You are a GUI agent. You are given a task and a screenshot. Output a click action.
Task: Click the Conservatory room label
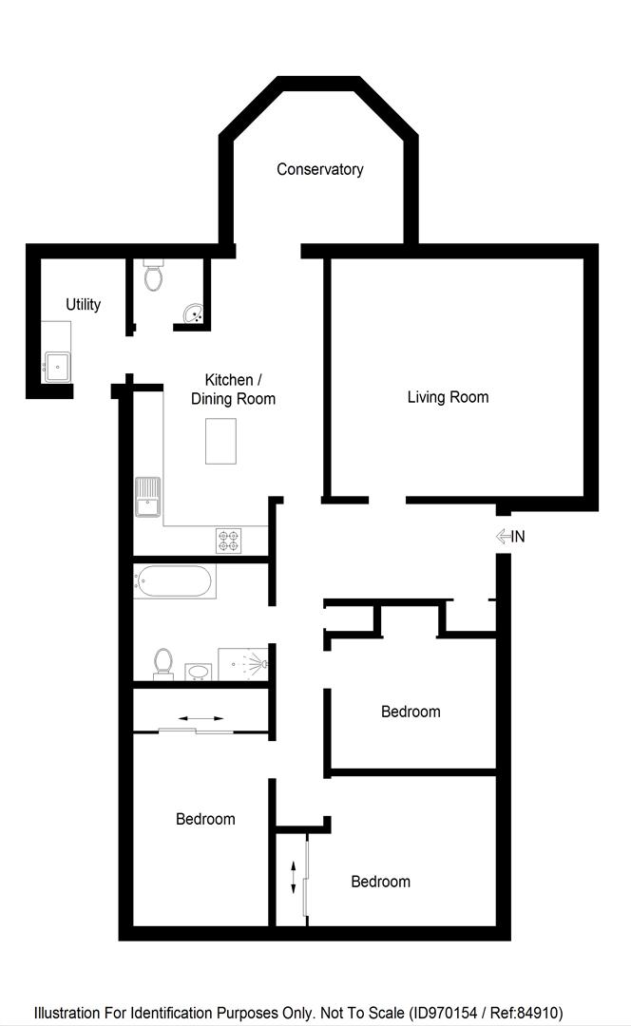[x=319, y=169]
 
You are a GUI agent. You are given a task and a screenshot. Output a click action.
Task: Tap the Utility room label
[x=83, y=305]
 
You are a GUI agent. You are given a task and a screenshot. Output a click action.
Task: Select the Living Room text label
[x=448, y=397]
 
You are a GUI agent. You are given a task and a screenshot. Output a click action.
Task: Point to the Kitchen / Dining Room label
[x=233, y=389]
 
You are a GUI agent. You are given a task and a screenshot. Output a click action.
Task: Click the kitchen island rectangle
[x=220, y=441]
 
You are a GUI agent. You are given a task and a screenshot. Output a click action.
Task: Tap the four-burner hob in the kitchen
[x=228, y=541]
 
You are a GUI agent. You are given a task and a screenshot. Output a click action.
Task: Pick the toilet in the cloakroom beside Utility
[x=154, y=275]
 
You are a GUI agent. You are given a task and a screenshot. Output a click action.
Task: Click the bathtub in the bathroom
[x=174, y=581]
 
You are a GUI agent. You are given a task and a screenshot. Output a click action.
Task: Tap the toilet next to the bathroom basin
[x=163, y=662]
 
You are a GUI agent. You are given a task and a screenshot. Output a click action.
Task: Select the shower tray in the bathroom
[x=243, y=664]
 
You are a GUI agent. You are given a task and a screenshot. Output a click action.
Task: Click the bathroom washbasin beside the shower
[x=198, y=672]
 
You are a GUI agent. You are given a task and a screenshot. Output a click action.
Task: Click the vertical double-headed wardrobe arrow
[x=293, y=876]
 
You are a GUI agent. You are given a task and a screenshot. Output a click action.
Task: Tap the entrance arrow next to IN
[x=503, y=537]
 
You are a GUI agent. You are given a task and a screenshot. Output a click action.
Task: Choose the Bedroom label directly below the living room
[x=411, y=712]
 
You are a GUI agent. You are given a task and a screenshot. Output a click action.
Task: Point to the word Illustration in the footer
[x=67, y=1014]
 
